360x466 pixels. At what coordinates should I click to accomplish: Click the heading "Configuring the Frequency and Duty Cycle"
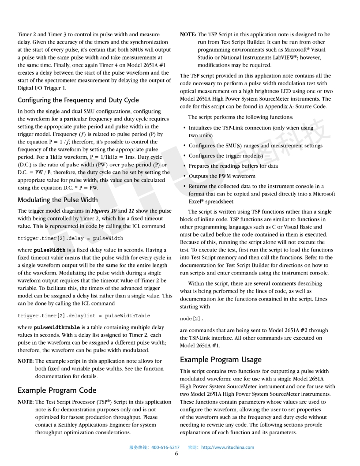[x=78, y=100]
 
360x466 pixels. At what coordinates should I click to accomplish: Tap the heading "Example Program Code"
[x=57, y=390]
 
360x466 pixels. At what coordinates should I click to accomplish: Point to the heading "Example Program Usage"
[x=221, y=360]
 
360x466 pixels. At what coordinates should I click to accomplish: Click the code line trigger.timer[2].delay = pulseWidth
[x=70, y=238]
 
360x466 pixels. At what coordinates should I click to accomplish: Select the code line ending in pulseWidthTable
[x=84, y=316]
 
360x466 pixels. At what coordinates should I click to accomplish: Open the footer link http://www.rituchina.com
[x=228, y=447]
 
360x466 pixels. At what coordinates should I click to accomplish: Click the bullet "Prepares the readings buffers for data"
[x=233, y=166]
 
